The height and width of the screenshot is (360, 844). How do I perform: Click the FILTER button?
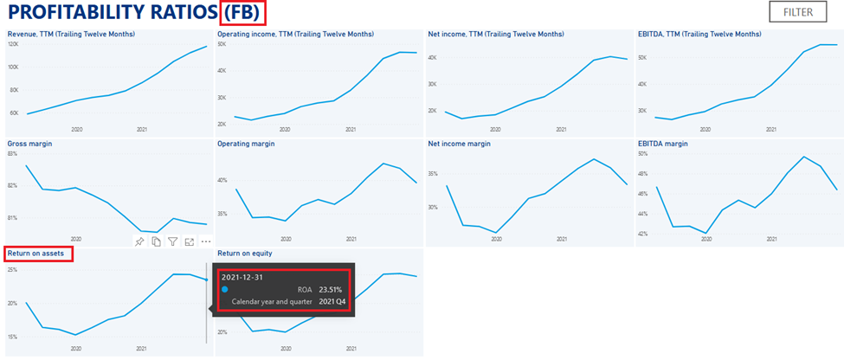coord(797,12)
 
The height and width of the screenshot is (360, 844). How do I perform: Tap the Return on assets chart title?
coord(39,254)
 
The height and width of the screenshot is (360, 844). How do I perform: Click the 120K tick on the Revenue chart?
coord(13,43)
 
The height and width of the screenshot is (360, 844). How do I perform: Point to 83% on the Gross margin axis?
coord(12,153)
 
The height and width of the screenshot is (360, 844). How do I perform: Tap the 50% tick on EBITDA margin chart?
coord(642,153)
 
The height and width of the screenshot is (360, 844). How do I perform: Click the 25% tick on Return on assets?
coord(12,270)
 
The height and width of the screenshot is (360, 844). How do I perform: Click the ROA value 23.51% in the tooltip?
coord(330,290)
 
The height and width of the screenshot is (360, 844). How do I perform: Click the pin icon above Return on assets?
coord(139,241)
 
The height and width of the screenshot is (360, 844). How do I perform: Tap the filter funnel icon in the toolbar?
coord(172,241)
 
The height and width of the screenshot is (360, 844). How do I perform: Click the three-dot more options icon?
coord(205,241)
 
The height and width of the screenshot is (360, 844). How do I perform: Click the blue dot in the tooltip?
coord(225,290)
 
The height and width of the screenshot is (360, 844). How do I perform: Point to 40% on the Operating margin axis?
coord(222,181)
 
